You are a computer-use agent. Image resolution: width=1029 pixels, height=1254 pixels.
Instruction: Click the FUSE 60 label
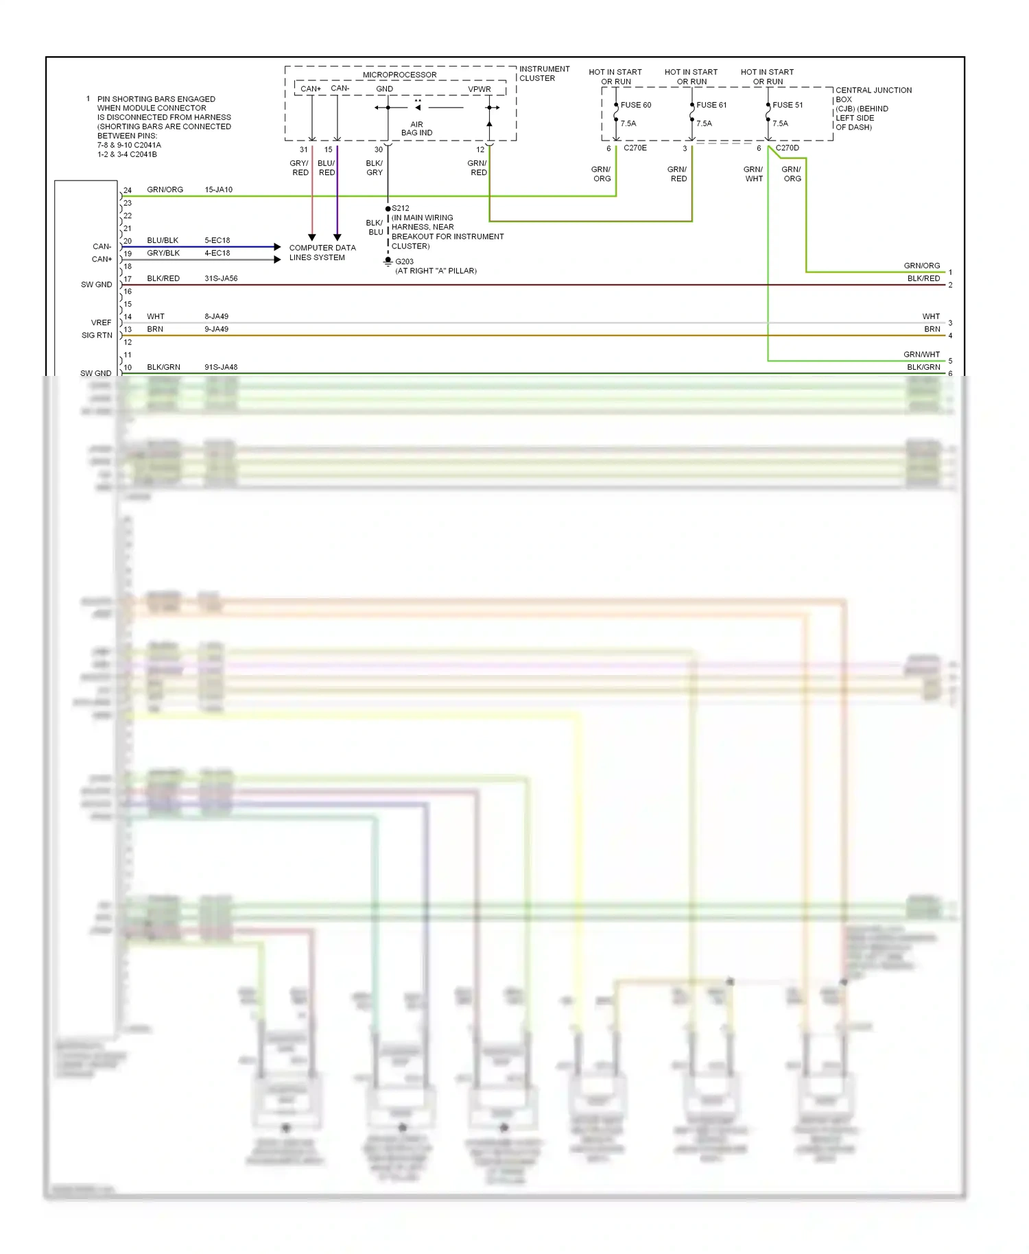pyautogui.click(x=635, y=105)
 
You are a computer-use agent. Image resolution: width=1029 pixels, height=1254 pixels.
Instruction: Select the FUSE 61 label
pyautogui.click(x=711, y=105)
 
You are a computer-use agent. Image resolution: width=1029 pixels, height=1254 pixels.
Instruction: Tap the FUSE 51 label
pyautogui.click(x=787, y=105)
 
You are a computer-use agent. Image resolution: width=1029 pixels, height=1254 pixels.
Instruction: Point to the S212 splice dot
pyautogui.click(x=388, y=209)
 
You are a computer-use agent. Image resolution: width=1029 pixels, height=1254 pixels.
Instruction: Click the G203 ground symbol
pyautogui.click(x=388, y=261)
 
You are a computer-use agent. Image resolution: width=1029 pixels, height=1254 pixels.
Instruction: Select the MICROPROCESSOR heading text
pyautogui.click(x=399, y=75)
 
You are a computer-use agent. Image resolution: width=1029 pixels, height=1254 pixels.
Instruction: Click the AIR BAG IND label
pyautogui.click(x=416, y=129)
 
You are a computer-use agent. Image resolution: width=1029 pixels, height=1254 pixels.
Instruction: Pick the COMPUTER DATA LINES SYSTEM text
pyautogui.click(x=322, y=252)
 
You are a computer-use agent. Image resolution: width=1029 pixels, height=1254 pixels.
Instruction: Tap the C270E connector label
pyautogui.click(x=635, y=148)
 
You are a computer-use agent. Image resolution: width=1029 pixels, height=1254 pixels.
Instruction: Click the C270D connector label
pyautogui.click(x=787, y=148)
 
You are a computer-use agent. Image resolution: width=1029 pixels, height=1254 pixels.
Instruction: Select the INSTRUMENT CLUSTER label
pyautogui.click(x=544, y=73)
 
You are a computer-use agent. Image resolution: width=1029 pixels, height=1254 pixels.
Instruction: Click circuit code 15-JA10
pyautogui.click(x=218, y=190)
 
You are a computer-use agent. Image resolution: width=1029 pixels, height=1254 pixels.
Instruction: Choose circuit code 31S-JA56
pyautogui.click(x=221, y=279)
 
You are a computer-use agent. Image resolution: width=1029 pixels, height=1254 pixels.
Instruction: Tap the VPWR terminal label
pyautogui.click(x=480, y=89)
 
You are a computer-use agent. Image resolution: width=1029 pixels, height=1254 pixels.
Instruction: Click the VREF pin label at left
pyautogui.click(x=101, y=322)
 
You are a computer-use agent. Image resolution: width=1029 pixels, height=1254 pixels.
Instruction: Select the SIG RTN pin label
pyautogui.click(x=97, y=335)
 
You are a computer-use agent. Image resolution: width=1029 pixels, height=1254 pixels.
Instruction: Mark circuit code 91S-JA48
pyautogui.click(x=221, y=368)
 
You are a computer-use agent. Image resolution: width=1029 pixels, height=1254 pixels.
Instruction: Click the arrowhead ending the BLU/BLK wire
pyautogui.click(x=277, y=246)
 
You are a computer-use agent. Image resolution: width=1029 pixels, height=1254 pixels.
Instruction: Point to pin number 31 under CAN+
pyautogui.click(x=303, y=150)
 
